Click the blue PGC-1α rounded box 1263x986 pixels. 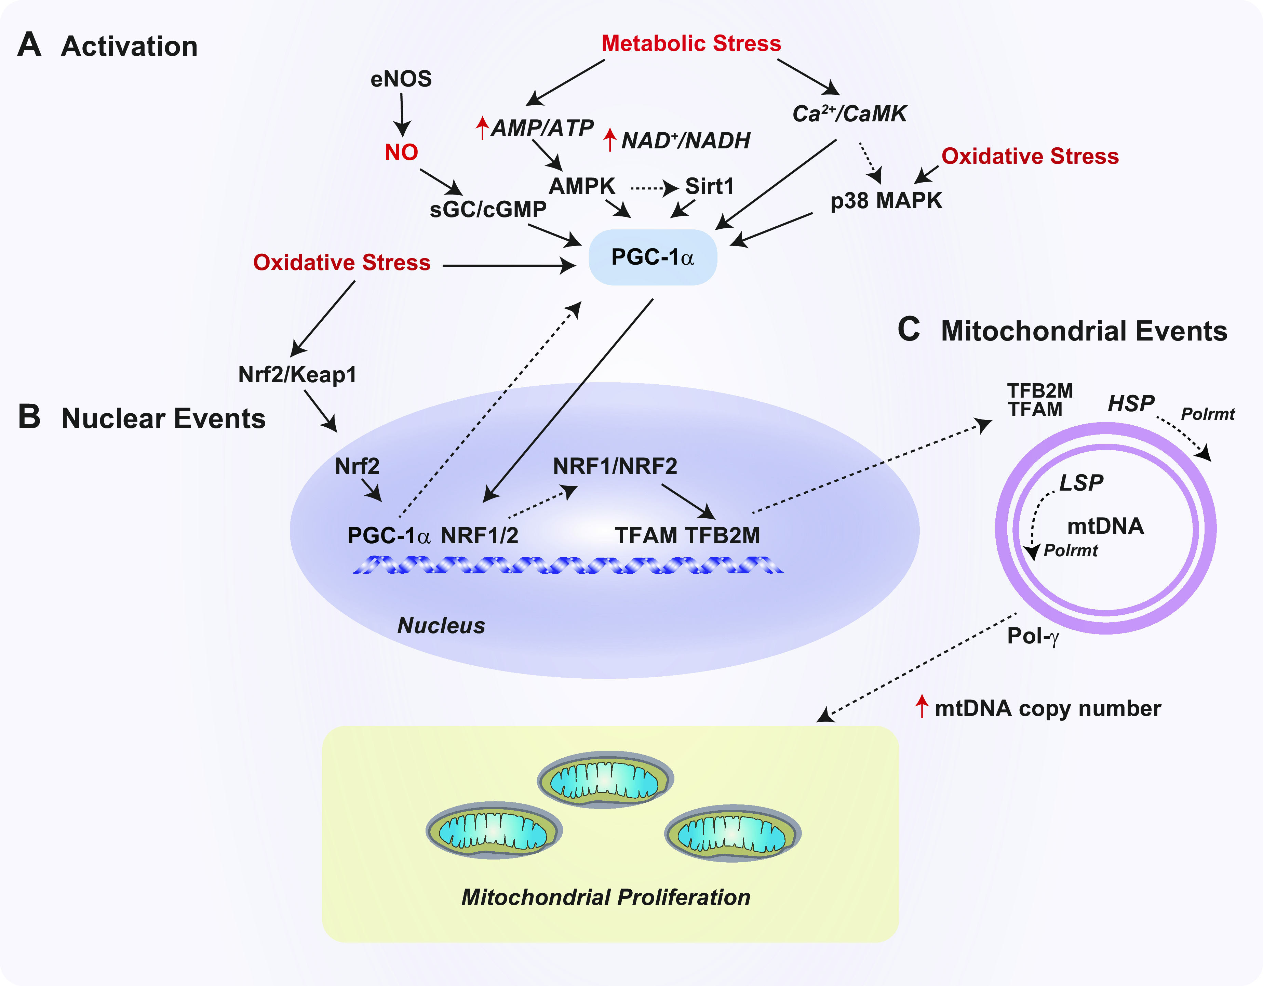653,257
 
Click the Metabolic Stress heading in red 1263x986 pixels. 691,43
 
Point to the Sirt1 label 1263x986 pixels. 709,186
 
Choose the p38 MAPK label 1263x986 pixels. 886,201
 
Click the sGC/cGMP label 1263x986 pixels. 488,209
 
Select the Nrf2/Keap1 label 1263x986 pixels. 297,375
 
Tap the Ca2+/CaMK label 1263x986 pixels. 849,114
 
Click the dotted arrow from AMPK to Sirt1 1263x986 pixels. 654,188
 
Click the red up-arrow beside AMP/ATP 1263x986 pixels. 482,128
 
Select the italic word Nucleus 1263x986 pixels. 441,626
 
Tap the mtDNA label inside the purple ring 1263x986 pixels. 1105,526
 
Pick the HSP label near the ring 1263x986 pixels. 1131,403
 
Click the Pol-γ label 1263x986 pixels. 1033,636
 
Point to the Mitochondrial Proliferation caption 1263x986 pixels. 605,897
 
